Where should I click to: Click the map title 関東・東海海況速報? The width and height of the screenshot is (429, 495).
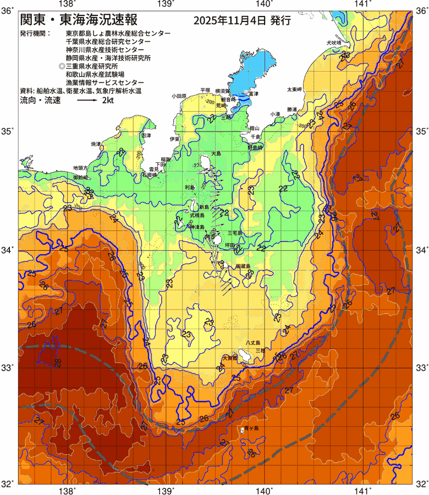coord(77,20)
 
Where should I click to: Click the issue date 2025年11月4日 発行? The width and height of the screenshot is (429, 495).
coord(242,21)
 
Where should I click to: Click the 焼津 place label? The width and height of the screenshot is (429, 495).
coord(96,144)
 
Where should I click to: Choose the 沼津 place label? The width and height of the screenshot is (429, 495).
coord(146,135)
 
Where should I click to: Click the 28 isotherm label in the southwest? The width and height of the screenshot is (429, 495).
coord(57,363)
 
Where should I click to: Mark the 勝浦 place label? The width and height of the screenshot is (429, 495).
coord(291,110)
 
